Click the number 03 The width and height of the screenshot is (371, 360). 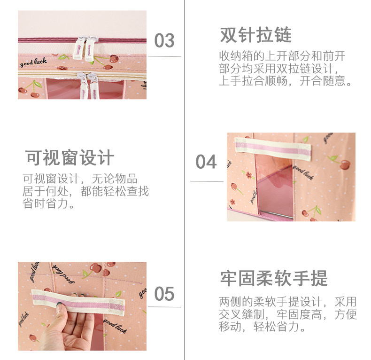click(x=164, y=41)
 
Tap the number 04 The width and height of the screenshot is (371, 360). click(x=206, y=162)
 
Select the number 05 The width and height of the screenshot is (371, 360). click(x=164, y=294)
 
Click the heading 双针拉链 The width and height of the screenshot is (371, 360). click(x=255, y=35)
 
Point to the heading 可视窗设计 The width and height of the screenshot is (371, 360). click(x=70, y=158)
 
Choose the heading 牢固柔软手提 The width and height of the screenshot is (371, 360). click(x=274, y=278)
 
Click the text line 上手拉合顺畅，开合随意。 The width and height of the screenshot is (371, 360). click(x=286, y=81)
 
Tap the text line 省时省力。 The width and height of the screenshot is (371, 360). click(x=49, y=204)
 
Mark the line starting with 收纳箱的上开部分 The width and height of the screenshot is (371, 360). click(x=282, y=56)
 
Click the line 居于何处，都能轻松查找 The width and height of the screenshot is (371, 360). click(x=85, y=192)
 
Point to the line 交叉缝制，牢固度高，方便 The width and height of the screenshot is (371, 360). click(x=287, y=314)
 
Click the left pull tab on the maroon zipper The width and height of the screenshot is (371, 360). click(x=79, y=47)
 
